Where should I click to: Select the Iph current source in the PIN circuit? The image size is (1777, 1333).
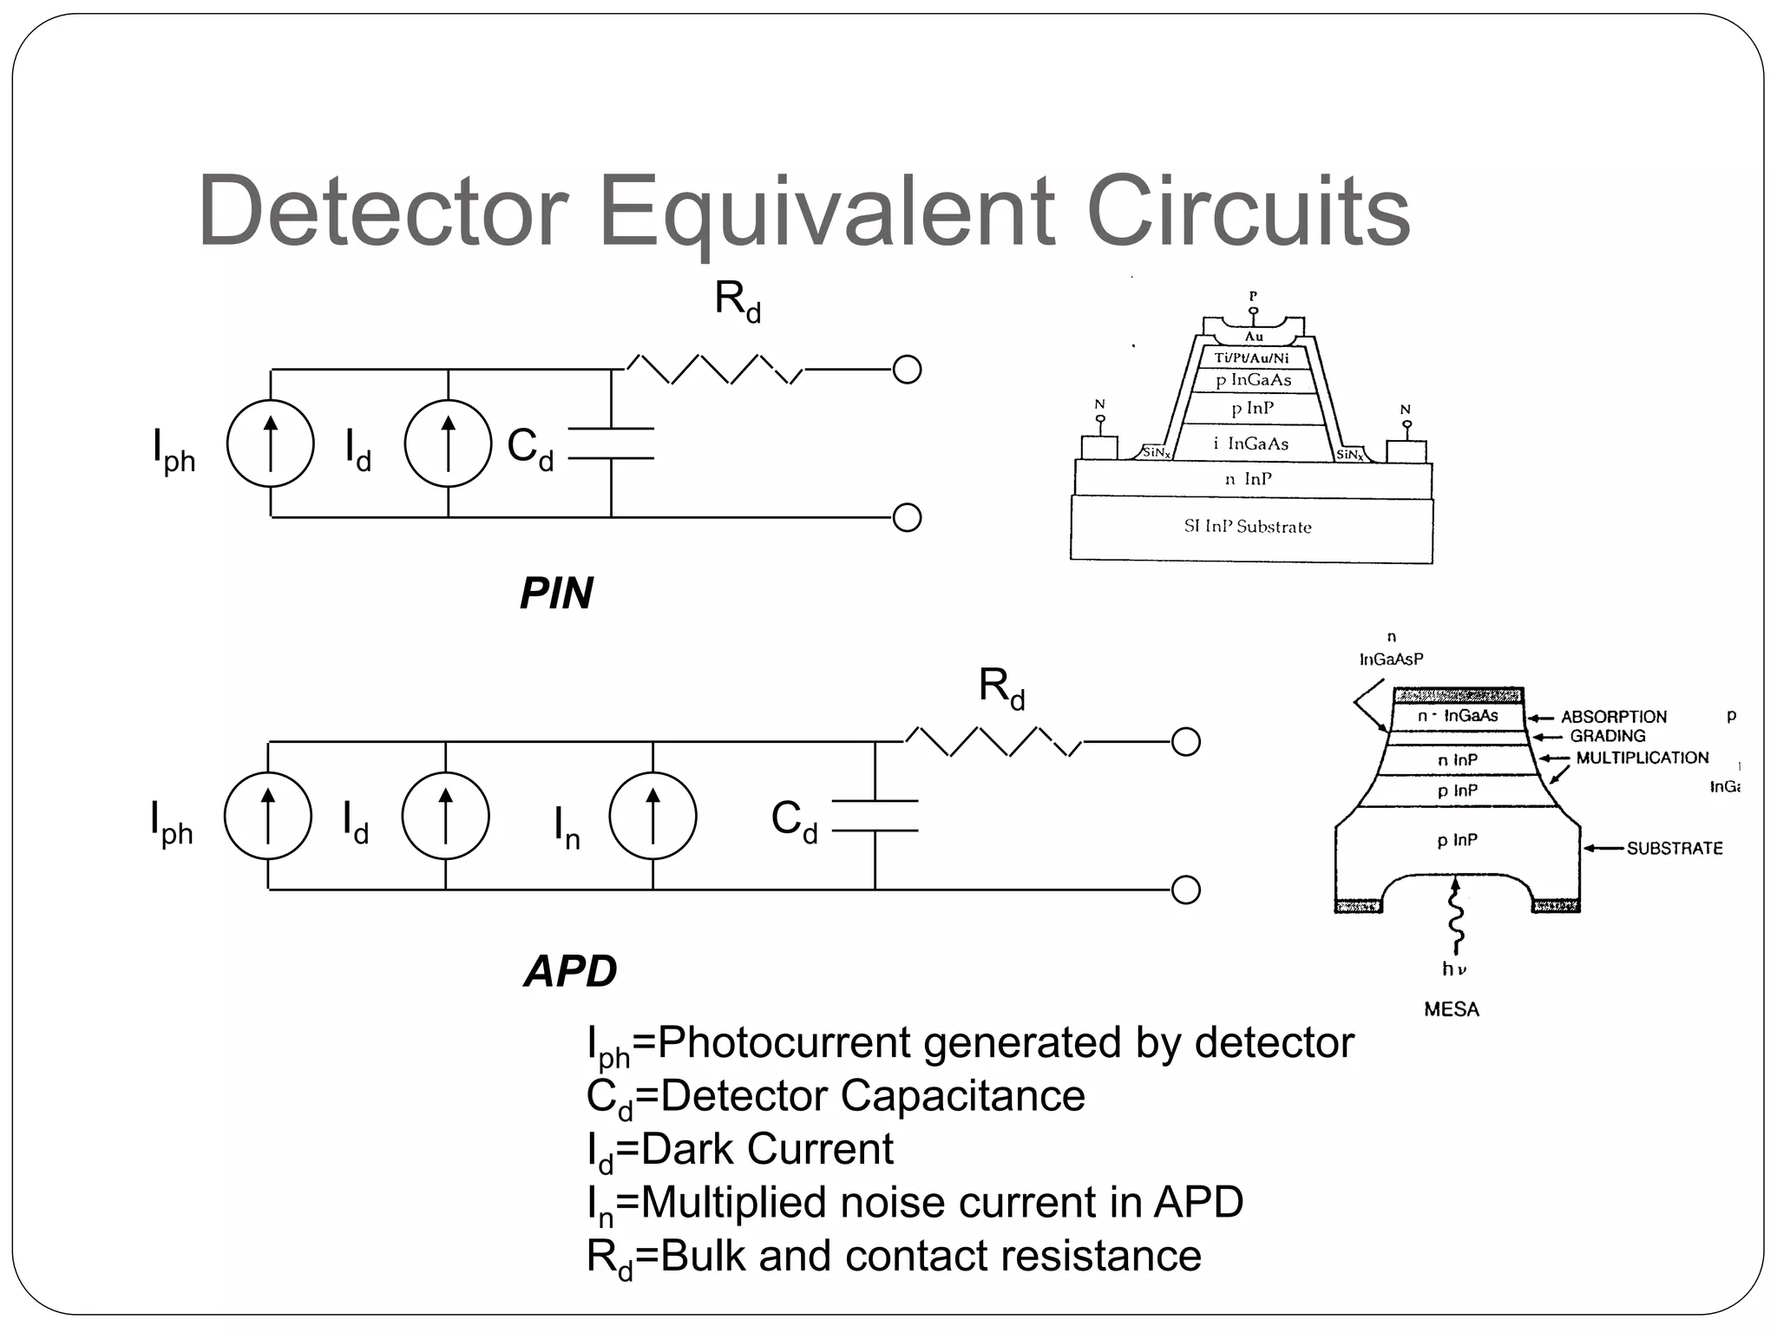coord(271,443)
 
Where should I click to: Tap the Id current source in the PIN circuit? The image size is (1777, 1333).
coord(448,443)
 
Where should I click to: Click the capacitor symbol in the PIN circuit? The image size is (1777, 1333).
coord(611,443)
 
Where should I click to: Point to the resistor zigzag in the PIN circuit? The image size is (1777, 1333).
coord(714,370)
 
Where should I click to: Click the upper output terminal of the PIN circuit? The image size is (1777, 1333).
coord(907,370)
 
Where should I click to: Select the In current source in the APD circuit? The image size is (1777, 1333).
coord(652,816)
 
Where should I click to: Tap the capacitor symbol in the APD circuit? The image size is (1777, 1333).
coord(875,816)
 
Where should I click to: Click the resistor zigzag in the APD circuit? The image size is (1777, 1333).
coord(993,742)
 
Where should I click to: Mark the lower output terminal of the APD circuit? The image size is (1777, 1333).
coord(1185,890)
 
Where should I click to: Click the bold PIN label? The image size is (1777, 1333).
coord(556,594)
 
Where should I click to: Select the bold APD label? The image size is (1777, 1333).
coord(570,971)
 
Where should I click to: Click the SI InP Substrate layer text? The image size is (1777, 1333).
coord(1248,527)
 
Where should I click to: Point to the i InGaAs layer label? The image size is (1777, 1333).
coord(1250,443)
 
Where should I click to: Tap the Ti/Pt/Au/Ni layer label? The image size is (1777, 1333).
coord(1251,358)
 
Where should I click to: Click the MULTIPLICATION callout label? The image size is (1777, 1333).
coord(1642,758)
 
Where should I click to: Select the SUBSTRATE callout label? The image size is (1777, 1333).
coord(1674,848)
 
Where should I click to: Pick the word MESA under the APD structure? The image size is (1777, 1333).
coord(1451,1009)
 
